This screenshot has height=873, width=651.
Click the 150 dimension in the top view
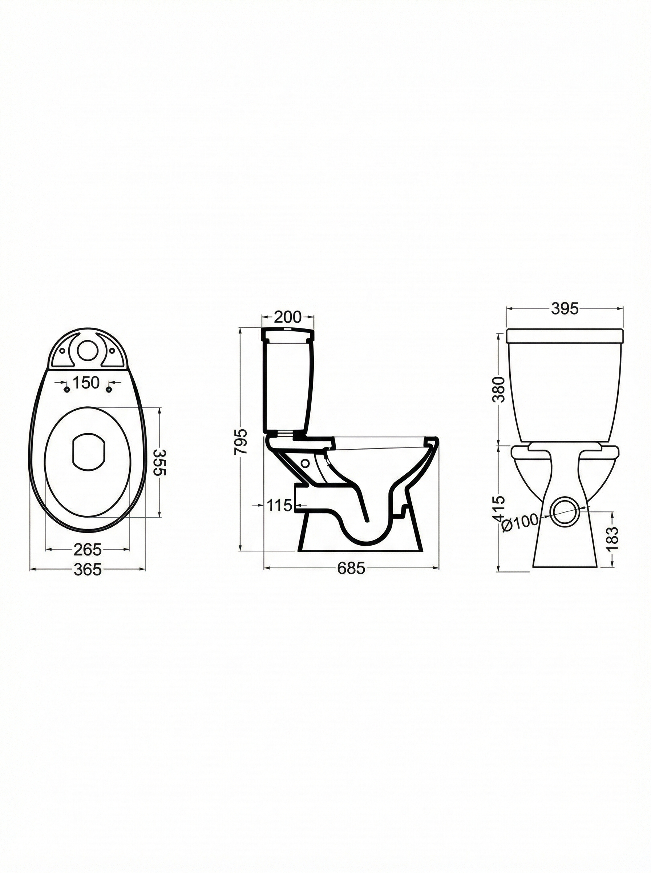(x=87, y=383)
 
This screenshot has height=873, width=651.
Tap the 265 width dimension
(x=88, y=549)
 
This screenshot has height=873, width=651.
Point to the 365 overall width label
(x=88, y=569)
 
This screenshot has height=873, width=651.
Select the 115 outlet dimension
(x=279, y=505)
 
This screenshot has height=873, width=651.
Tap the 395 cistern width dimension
(x=564, y=309)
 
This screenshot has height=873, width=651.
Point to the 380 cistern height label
(x=498, y=389)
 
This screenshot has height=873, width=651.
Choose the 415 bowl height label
(x=498, y=509)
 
